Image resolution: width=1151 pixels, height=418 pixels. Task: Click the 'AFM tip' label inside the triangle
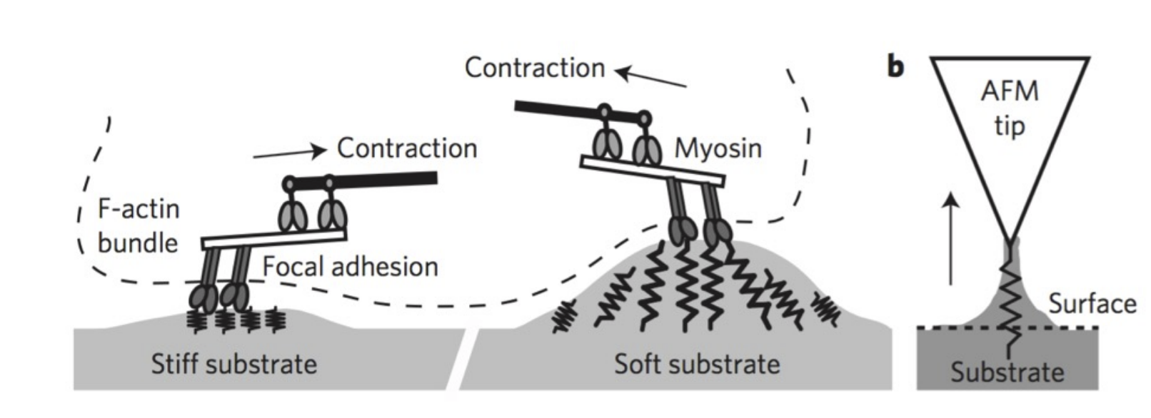tap(1010, 108)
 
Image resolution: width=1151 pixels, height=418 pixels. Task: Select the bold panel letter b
tap(895, 67)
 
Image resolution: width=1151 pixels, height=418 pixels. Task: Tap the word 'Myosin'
tap(718, 148)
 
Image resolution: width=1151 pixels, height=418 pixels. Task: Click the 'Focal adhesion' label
tap(350, 267)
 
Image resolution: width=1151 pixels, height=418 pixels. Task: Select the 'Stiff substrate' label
tap(233, 365)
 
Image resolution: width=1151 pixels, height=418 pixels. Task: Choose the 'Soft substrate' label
tap(697, 365)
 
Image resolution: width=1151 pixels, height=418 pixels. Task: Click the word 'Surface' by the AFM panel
tap(1092, 304)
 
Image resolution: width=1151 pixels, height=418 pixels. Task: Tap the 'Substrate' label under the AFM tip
tap(1007, 372)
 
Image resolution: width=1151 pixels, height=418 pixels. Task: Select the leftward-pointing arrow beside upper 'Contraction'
tap(650, 78)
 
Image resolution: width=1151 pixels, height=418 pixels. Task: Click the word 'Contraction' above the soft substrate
tap(535, 68)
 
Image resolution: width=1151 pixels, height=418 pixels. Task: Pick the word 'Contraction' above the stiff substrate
tap(407, 148)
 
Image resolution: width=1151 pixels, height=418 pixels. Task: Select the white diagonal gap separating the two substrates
tap(456, 360)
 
